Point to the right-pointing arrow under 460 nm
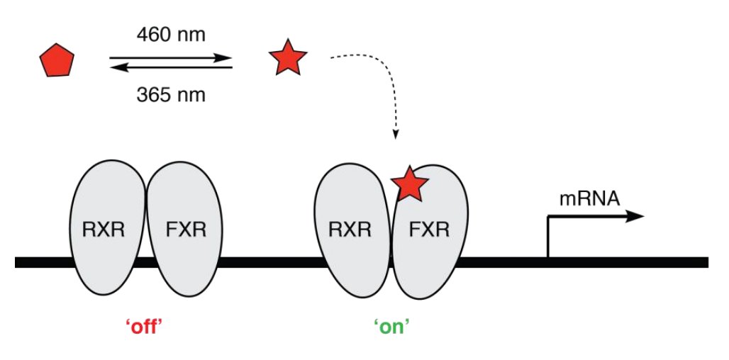click(x=170, y=57)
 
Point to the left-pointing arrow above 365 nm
click(x=170, y=67)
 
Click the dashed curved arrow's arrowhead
click(x=396, y=134)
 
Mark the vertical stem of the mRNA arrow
click(x=548, y=237)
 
